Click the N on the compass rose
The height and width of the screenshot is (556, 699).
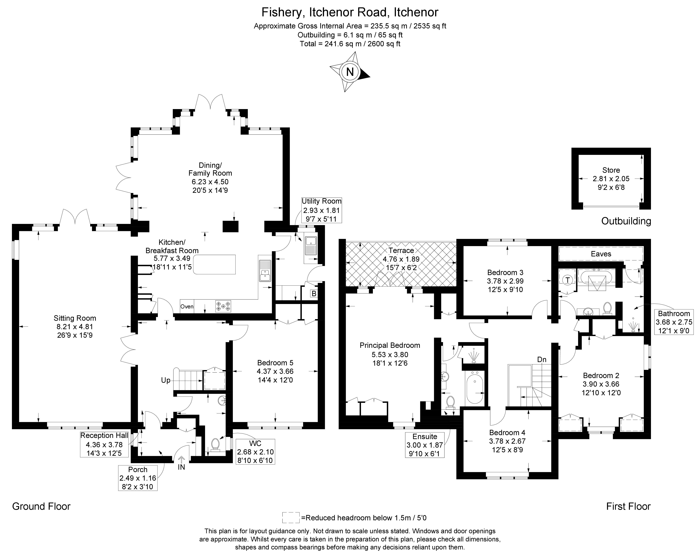click(x=350, y=71)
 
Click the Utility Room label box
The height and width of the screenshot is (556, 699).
click(x=321, y=210)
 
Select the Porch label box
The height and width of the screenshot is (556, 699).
click(x=138, y=478)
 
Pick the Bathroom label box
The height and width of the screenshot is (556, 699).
click(x=674, y=322)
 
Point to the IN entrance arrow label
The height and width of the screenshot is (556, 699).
click(x=181, y=467)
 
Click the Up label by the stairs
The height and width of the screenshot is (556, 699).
click(x=166, y=380)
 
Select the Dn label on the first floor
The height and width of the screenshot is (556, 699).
click(x=542, y=359)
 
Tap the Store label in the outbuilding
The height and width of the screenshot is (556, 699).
click(x=611, y=170)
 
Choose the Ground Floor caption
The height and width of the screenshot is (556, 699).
click(x=41, y=506)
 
